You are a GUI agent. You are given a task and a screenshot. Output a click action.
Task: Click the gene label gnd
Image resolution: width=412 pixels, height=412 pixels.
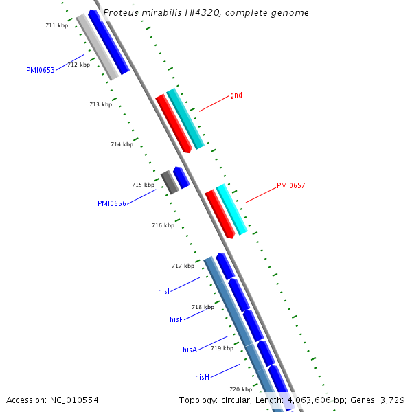pos(236,95)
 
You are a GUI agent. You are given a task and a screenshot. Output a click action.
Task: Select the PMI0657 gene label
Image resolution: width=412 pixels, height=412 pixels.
pos(290,185)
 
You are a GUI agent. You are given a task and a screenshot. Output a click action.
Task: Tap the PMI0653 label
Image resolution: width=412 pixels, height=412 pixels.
pos(41,70)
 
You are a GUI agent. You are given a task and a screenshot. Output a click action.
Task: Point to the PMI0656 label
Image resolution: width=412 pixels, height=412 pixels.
pos(112,203)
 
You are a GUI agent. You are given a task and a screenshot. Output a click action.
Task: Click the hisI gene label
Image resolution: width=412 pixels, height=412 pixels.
pos(163,292)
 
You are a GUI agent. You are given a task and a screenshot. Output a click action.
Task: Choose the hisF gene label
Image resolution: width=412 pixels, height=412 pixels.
pos(176,320)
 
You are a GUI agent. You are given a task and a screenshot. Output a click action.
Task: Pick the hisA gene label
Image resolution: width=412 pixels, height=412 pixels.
pos(190,350)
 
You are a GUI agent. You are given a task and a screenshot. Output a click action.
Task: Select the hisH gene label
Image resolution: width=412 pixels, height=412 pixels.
pos(202,377)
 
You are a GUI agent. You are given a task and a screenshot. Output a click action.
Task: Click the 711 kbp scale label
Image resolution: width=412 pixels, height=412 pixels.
pos(56,25)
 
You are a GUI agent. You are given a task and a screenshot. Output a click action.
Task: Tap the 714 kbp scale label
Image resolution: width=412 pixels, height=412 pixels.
pos(122,144)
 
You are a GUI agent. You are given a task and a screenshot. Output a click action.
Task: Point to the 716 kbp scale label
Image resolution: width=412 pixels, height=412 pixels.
pos(163,225)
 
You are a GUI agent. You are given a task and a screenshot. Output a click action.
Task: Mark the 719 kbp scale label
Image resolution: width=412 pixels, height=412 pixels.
pos(222,349)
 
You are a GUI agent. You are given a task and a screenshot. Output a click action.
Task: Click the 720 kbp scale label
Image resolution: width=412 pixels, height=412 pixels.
pos(240,389)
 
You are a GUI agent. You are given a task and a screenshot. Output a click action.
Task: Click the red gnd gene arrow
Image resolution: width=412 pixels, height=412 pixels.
pos(173,124)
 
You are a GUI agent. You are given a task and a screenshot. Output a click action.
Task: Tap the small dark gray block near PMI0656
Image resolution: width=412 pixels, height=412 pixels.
pos(169,182)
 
